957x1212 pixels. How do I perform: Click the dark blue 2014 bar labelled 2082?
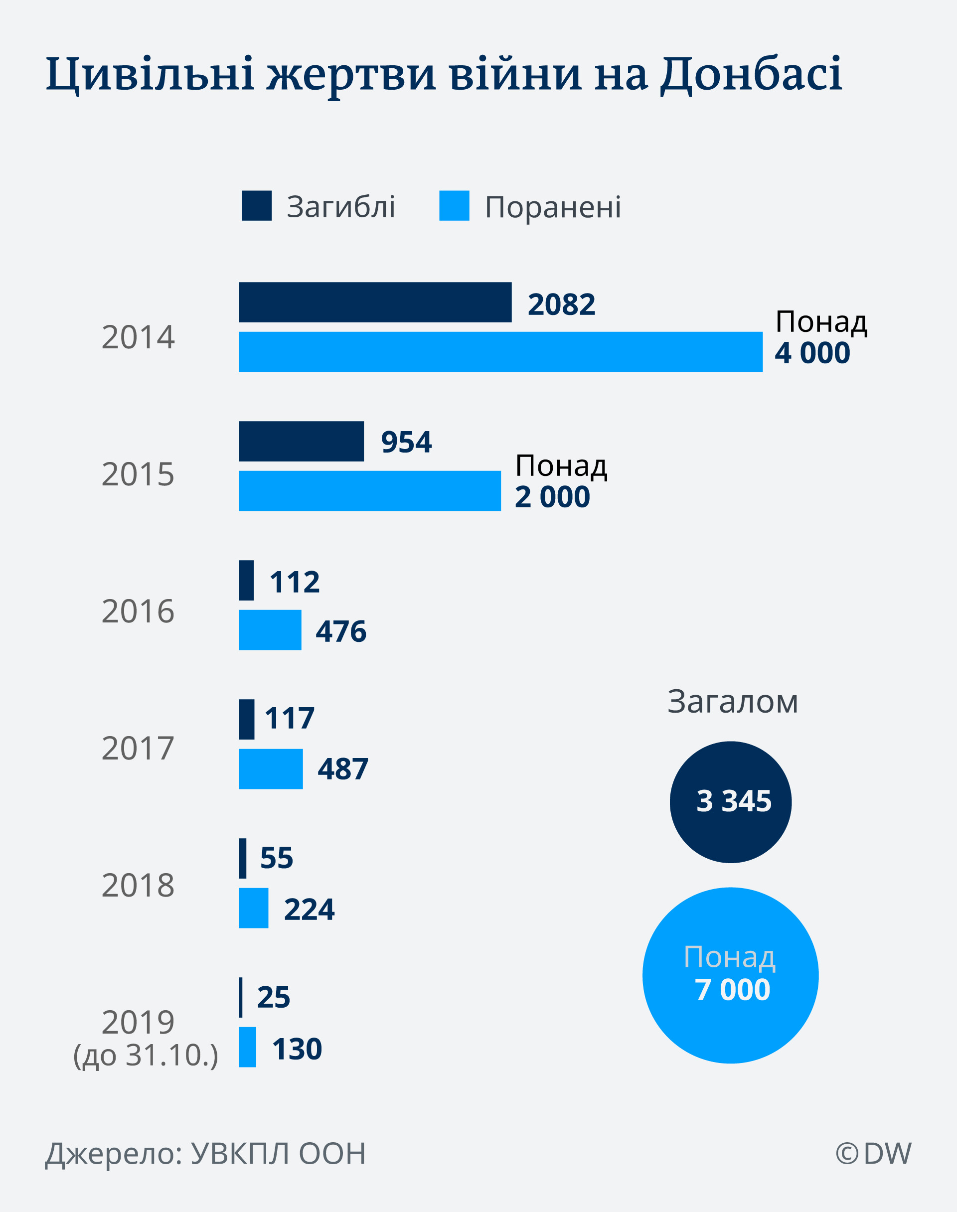tap(375, 303)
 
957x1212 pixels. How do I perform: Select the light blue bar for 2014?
tap(500, 352)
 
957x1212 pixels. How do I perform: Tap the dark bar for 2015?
tap(301, 442)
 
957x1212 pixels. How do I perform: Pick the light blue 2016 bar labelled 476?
tap(270, 630)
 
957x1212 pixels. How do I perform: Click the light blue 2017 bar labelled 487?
tap(271, 769)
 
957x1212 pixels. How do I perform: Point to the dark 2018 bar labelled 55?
tap(243, 859)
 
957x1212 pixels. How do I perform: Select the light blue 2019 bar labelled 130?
tap(248, 1048)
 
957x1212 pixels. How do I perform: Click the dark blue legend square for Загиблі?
tap(257, 205)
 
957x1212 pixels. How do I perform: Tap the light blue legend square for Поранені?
tap(454, 205)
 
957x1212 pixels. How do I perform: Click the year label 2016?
tap(138, 611)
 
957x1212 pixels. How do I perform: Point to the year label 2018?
tap(138, 886)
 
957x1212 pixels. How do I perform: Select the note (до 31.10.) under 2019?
tap(146, 1055)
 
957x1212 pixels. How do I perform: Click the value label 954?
tap(406, 443)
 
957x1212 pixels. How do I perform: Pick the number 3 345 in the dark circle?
tap(733, 801)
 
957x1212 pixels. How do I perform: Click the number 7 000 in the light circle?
tap(732, 990)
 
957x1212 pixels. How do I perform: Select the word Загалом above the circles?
tap(732, 702)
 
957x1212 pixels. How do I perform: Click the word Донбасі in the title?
tap(751, 74)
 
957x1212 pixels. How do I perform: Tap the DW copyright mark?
tap(873, 1154)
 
